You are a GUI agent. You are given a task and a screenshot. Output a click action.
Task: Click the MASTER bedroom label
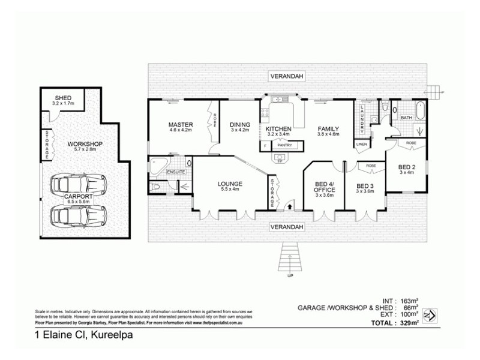tap(179, 125)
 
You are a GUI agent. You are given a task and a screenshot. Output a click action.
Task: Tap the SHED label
tap(62, 98)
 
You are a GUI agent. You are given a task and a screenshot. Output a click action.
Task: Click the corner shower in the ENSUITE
tap(159, 166)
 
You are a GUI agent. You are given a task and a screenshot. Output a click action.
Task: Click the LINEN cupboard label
tap(361, 144)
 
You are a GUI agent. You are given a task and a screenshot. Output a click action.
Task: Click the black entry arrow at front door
tap(291, 206)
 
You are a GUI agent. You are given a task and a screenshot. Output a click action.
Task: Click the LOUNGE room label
tap(230, 184)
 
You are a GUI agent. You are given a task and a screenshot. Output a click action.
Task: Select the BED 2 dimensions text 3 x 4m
tap(406, 173)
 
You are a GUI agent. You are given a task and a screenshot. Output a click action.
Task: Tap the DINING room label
tap(239, 125)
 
